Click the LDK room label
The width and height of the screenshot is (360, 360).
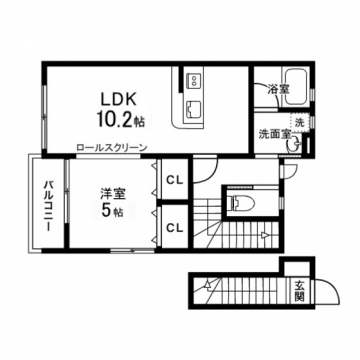coord(119,99)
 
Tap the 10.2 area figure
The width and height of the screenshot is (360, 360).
coord(114,119)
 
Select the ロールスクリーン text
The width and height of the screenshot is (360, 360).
coord(112,147)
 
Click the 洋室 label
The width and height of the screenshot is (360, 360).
coord(113,194)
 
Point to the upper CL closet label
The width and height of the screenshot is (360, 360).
coord(175,181)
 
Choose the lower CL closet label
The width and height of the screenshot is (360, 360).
coord(175,228)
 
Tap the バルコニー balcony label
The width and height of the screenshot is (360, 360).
coord(49,206)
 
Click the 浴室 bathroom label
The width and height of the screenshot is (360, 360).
coord(278,89)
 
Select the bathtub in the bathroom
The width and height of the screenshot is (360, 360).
coord(295,88)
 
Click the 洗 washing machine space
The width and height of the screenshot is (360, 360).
coord(300,123)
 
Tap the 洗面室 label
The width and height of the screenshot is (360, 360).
coord(276,134)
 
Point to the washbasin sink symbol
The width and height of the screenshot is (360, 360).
coord(293,146)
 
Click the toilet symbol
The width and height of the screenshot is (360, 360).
coord(240,202)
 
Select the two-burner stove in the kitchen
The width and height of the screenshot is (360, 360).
coord(194,80)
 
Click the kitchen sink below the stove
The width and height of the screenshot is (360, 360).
coord(193,108)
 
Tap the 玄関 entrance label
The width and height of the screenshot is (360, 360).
coord(300,291)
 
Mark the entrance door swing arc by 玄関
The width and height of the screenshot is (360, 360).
coord(333,287)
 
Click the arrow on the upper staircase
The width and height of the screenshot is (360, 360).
coord(265,236)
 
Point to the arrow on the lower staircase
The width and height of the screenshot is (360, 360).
coord(207,284)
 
